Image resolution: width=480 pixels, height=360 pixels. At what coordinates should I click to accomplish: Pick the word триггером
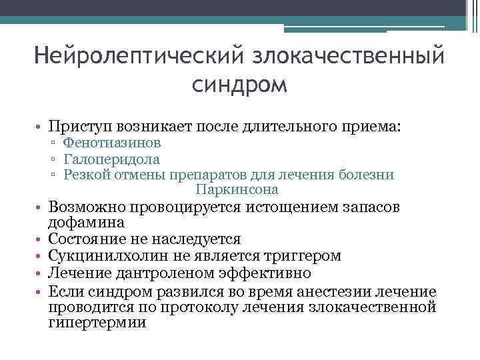303,256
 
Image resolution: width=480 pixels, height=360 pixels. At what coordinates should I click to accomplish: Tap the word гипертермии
97,322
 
